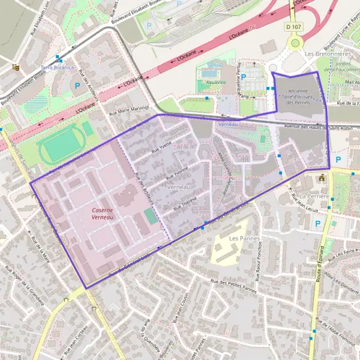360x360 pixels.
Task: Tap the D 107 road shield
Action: (x=293, y=26)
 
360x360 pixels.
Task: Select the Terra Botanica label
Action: (x=58, y=67)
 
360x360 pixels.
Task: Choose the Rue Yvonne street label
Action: (x=178, y=173)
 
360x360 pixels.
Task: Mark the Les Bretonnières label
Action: (x=327, y=53)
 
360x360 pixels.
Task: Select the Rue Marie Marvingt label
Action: (x=128, y=109)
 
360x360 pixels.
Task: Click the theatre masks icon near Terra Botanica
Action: (x=16, y=67)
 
